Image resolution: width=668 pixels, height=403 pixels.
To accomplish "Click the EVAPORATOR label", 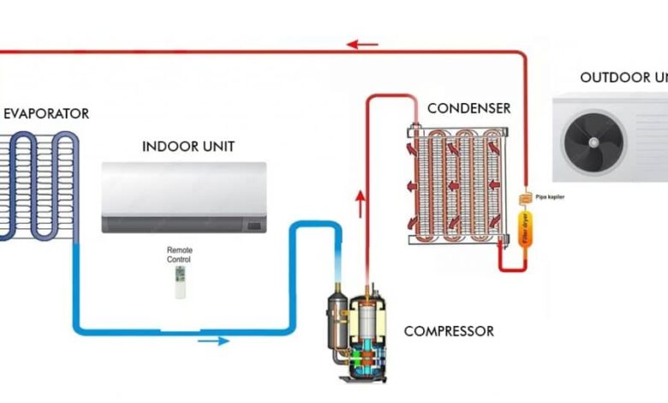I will (45, 113).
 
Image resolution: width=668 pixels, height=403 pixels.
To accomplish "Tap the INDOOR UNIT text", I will (188, 146).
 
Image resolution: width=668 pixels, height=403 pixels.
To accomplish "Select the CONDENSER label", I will (468, 108).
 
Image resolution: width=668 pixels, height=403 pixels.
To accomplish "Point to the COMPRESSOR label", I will (448, 330).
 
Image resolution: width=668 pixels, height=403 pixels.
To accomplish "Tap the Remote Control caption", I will (180, 254).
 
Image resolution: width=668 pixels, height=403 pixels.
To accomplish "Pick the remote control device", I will (180, 281).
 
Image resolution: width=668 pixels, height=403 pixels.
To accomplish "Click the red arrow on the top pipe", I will (362, 44).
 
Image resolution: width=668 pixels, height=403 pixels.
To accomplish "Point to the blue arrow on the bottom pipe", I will (213, 340).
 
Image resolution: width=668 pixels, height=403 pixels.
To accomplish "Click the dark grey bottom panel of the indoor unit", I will (183, 224).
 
